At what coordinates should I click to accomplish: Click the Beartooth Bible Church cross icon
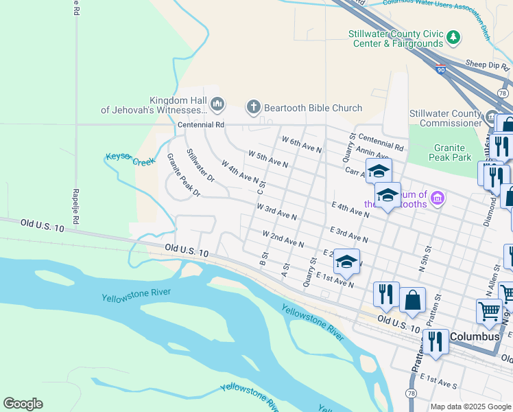pyautogui.click(x=253, y=107)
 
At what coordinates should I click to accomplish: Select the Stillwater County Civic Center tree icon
pyautogui.click(x=453, y=36)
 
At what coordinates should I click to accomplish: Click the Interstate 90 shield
pyautogui.click(x=440, y=69)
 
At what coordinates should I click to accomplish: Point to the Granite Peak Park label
pyautogui.click(x=458, y=152)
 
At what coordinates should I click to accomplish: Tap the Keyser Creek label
pyautogui.click(x=130, y=159)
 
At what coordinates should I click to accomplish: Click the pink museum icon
pyautogui.click(x=438, y=199)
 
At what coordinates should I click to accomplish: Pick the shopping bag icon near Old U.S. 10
pyautogui.click(x=412, y=300)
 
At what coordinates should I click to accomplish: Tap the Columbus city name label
pyautogui.click(x=476, y=337)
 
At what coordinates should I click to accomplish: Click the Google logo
pyautogui.click(x=23, y=404)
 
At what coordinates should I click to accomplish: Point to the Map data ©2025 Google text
pyautogui.click(x=470, y=407)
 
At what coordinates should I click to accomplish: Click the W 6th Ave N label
pyautogui.click(x=302, y=145)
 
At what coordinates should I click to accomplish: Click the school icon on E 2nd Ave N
pyautogui.click(x=346, y=261)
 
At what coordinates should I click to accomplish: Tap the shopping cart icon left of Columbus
pyautogui.click(x=489, y=311)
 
